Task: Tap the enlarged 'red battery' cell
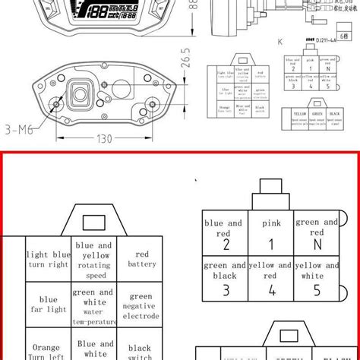tap(141, 259)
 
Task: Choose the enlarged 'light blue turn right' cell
tap(48, 259)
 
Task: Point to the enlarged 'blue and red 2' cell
tap(225, 235)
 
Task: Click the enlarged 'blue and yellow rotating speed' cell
tap(94, 259)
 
